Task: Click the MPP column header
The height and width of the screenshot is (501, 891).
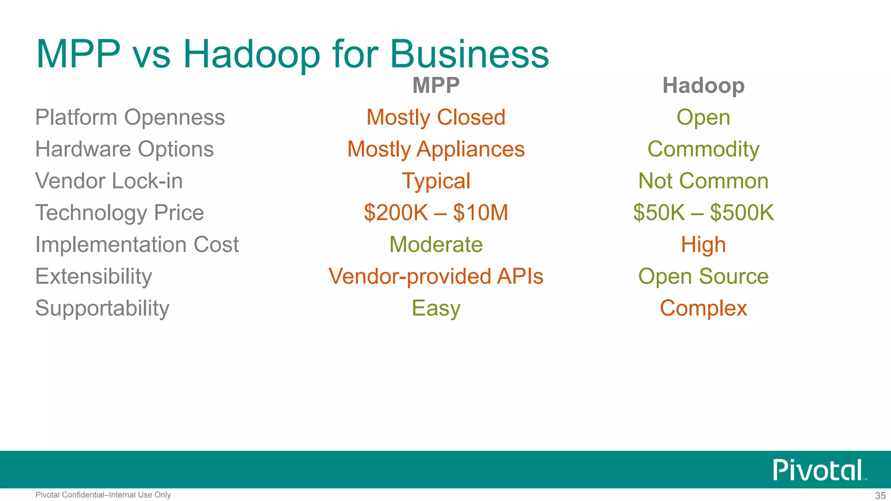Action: tap(436, 85)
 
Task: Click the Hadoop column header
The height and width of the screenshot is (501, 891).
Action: tap(703, 85)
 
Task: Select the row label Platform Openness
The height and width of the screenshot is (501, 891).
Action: tap(130, 117)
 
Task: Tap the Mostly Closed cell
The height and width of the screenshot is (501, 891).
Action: tap(436, 117)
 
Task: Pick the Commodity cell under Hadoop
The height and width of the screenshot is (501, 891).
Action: tap(703, 149)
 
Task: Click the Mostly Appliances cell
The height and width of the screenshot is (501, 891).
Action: tap(436, 149)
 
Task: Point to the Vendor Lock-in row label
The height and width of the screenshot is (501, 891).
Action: tap(109, 181)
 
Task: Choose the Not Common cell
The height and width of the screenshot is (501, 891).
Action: tap(703, 181)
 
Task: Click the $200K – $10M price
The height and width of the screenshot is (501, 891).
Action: tap(436, 213)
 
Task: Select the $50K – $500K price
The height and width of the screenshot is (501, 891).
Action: tap(703, 213)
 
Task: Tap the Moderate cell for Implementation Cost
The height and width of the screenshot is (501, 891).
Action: tap(436, 244)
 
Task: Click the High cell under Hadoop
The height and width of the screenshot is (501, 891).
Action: tap(703, 244)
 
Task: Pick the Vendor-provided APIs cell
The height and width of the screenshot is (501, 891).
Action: tap(436, 276)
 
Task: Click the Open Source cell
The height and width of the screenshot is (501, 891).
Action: tap(703, 276)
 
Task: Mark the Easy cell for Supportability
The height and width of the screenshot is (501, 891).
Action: tap(436, 308)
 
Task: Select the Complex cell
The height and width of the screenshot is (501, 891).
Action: tap(703, 308)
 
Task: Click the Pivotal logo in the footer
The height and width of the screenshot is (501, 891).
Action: tap(818, 470)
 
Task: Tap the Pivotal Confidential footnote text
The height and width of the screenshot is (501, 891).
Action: tap(103, 495)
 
